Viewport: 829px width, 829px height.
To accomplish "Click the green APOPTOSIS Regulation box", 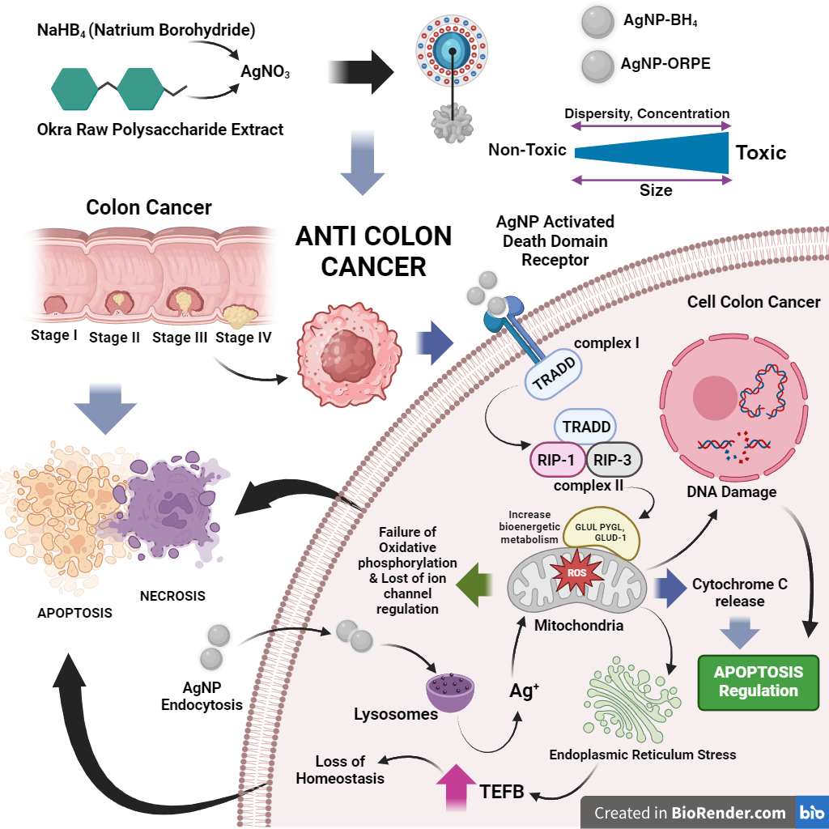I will tap(759, 682).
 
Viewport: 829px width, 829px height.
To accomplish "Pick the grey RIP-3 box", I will tap(613, 460).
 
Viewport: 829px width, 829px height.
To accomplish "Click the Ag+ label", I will tap(525, 691).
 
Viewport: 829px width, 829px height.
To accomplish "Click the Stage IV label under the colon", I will tap(244, 337).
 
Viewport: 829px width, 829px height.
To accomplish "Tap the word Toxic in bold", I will tap(760, 152).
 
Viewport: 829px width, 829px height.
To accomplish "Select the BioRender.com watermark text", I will tap(690, 812).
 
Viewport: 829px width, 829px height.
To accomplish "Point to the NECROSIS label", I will tap(172, 596).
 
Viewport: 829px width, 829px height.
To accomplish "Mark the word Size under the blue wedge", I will tap(656, 191).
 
